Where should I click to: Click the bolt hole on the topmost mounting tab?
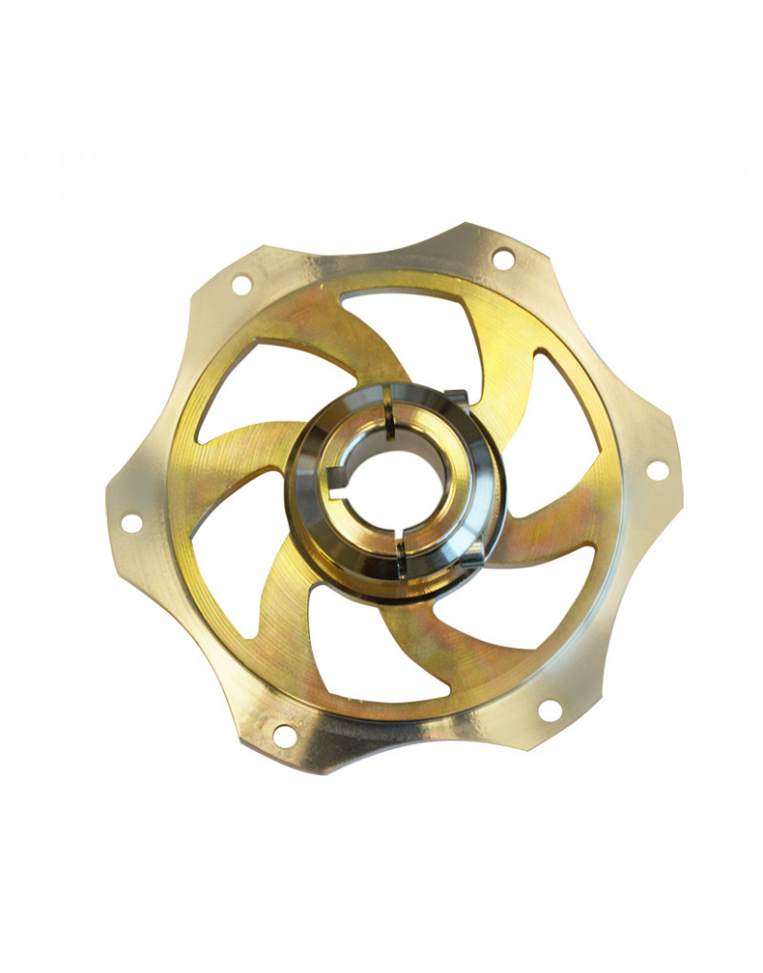click(x=503, y=257)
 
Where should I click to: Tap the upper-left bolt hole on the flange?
click(x=241, y=283)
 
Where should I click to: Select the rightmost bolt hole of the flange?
click(x=656, y=469)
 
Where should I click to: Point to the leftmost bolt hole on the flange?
click(x=131, y=522)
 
